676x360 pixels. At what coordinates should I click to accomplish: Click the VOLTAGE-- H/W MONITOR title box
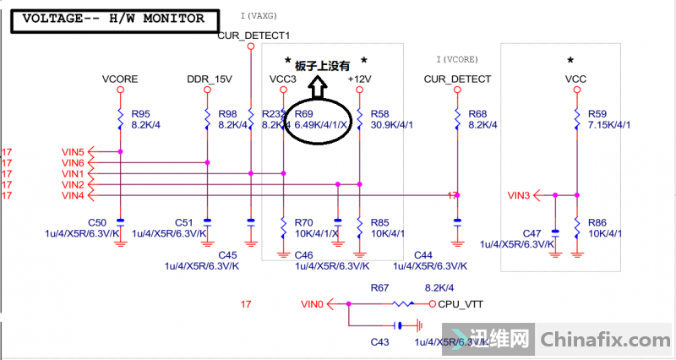click(112, 18)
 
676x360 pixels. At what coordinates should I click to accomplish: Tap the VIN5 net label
click(73, 151)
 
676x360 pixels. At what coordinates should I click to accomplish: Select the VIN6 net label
click(73, 162)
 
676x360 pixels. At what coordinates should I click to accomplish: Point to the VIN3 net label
click(519, 195)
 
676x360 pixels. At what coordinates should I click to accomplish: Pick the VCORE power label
click(120, 79)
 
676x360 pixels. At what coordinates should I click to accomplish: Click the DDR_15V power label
click(209, 79)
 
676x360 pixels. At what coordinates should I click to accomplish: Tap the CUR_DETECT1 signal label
click(253, 35)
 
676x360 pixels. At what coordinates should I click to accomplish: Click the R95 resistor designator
click(140, 113)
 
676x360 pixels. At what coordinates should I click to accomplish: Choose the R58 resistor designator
click(380, 113)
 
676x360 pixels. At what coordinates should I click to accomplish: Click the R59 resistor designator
click(597, 113)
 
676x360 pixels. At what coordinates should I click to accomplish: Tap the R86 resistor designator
click(597, 221)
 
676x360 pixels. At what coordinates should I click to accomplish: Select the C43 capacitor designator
click(379, 341)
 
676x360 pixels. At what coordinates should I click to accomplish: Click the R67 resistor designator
click(379, 289)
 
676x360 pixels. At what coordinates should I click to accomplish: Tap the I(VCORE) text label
click(457, 60)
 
